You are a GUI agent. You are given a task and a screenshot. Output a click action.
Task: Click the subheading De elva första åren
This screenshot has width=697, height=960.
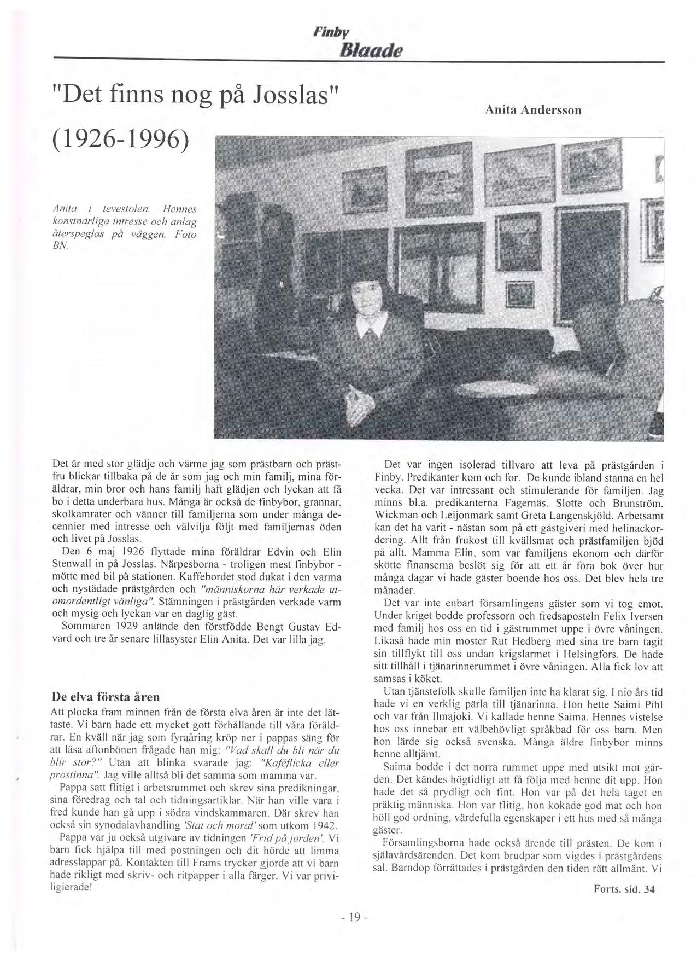tap(105, 697)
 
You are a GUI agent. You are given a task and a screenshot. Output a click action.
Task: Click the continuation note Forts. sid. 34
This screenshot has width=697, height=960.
tap(624, 889)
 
